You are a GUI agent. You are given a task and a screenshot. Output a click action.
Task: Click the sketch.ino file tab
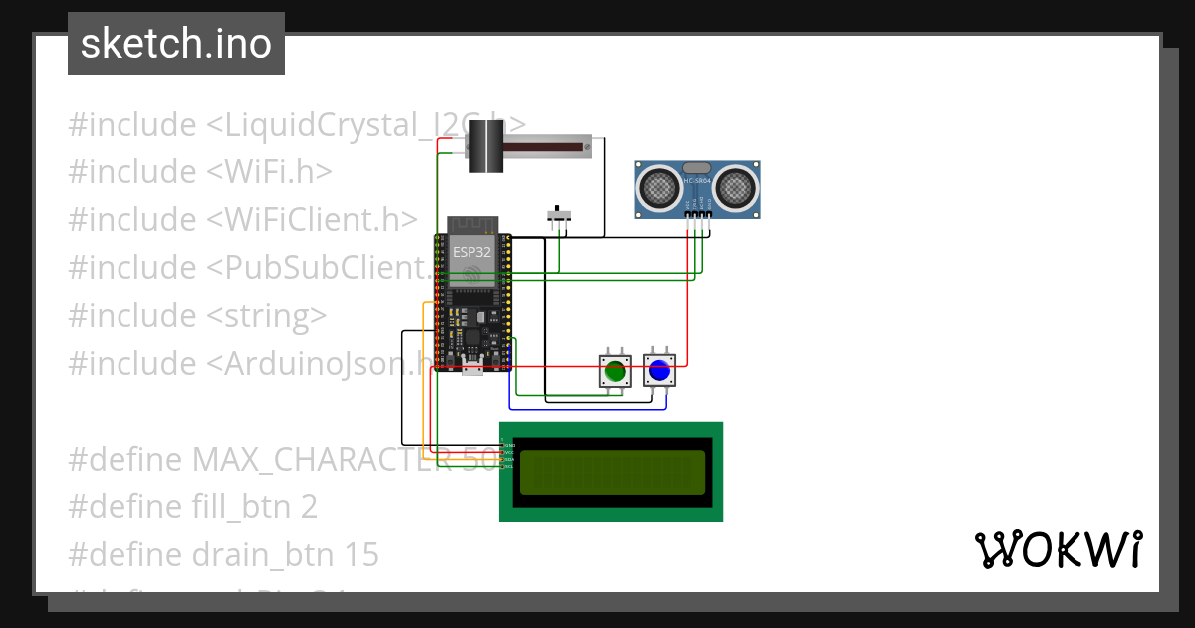(176, 44)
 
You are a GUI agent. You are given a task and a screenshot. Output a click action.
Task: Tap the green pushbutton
(615, 371)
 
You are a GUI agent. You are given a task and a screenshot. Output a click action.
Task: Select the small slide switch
(560, 215)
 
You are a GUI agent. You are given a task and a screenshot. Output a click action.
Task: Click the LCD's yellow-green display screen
(611, 471)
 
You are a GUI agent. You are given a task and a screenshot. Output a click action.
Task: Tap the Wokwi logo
(1058, 549)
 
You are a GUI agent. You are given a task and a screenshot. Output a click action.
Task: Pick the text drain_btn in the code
(254, 555)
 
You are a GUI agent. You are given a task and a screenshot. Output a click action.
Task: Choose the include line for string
(197, 316)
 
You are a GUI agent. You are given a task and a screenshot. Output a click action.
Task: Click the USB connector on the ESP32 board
(473, 371)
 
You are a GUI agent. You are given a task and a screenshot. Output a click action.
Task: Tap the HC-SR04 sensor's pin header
(698, 214)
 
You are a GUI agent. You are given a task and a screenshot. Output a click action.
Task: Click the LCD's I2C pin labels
(508, 455)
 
